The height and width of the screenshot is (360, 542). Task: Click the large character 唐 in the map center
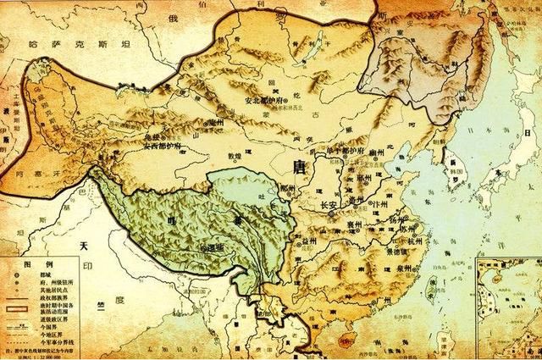pyautogui.click(x=298, y=163)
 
